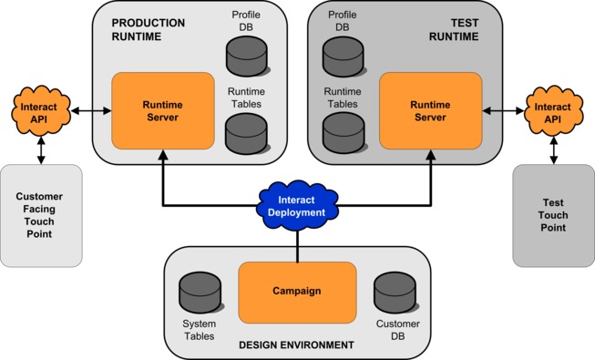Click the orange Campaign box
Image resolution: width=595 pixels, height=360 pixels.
297,292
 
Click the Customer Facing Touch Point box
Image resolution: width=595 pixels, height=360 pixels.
41,215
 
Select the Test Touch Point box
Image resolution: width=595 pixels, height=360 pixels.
553,215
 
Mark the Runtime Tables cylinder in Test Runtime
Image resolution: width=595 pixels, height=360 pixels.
343,133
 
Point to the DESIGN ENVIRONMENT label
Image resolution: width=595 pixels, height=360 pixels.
295,345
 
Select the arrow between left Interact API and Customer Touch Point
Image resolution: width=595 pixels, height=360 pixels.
40,148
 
